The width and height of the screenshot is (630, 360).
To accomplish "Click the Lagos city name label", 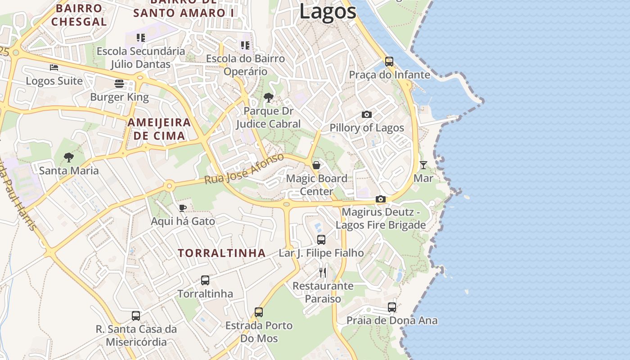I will tap(328, 12).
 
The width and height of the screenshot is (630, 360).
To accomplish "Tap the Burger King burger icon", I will tap(119, 84).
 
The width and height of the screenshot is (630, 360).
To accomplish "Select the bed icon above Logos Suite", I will tap(54, 67).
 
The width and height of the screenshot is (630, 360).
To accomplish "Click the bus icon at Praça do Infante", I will tap(389, 62).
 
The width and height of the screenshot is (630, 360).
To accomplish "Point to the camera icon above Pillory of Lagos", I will tap(367, 115).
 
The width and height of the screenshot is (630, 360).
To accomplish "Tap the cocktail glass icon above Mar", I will tap(423, 165).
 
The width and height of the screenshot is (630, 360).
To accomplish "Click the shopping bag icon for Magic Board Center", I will tap(316, 165).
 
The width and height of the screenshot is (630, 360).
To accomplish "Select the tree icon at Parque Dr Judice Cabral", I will tap(269, 98).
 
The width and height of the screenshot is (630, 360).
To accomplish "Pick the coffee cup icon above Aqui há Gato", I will tap(182, 208).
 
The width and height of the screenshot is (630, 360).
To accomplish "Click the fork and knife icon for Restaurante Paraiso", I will tap(323, 272).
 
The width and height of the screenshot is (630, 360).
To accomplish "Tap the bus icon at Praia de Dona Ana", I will tap(392, 307).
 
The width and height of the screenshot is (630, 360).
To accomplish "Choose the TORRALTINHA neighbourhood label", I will tap(221, 253).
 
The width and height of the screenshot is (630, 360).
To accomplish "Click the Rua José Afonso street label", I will tap(244, 169).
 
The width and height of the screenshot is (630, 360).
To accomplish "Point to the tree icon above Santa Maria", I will tap(69, 157).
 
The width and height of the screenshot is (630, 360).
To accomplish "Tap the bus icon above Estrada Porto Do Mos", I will tap(259, 312).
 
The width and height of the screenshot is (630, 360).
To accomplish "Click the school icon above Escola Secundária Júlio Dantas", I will tap(141, 38).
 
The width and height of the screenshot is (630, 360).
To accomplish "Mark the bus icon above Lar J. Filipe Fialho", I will tap(321, 240).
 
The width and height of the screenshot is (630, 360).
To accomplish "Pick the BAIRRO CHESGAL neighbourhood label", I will tap(79, 15).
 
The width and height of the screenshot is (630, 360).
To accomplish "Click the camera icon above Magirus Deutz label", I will tap(381, 199).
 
